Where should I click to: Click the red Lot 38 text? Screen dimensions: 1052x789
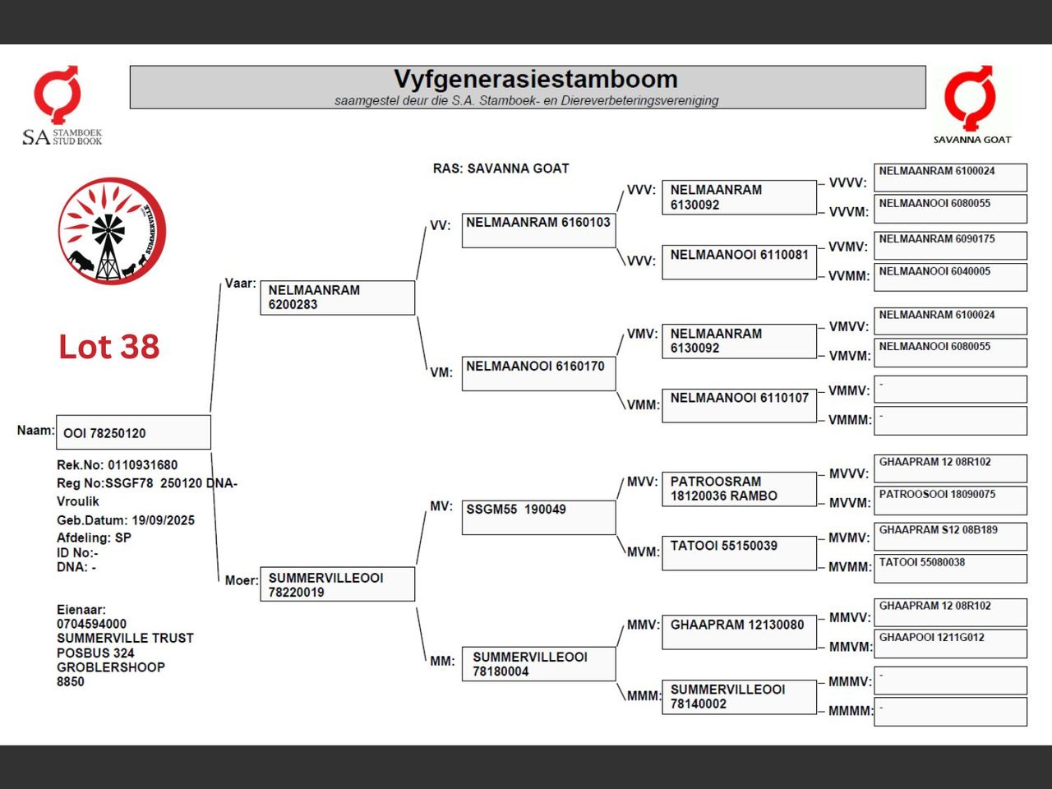coord(108,346)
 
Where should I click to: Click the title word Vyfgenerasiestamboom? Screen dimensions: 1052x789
coord(536,79)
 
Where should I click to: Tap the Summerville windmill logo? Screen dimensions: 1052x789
coord(112,231)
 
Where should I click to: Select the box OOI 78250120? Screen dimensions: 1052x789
coord(133,432)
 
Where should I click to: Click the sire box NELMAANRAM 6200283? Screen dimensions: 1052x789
coord(338,298)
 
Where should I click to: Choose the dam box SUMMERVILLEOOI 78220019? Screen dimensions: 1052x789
coord(338,584)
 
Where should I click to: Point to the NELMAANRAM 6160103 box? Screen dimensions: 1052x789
coord(538,230)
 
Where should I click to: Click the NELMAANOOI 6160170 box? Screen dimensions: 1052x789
coord(538,374)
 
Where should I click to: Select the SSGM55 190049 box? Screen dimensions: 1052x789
coord(538,518)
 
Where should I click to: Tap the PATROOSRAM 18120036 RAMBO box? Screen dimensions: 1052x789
coord(739,489)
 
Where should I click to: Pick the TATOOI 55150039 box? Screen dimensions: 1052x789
coord(739,553)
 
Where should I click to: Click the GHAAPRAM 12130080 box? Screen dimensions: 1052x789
coord(739,632)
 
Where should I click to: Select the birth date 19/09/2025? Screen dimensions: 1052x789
coord(164,520)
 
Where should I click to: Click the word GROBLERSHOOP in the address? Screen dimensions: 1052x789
coord(111,667)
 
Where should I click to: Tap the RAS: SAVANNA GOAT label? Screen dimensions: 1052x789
coord(501,168)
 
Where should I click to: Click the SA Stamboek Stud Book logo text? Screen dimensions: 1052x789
coord(62,137)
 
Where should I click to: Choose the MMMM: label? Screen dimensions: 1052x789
coord(851,711)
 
